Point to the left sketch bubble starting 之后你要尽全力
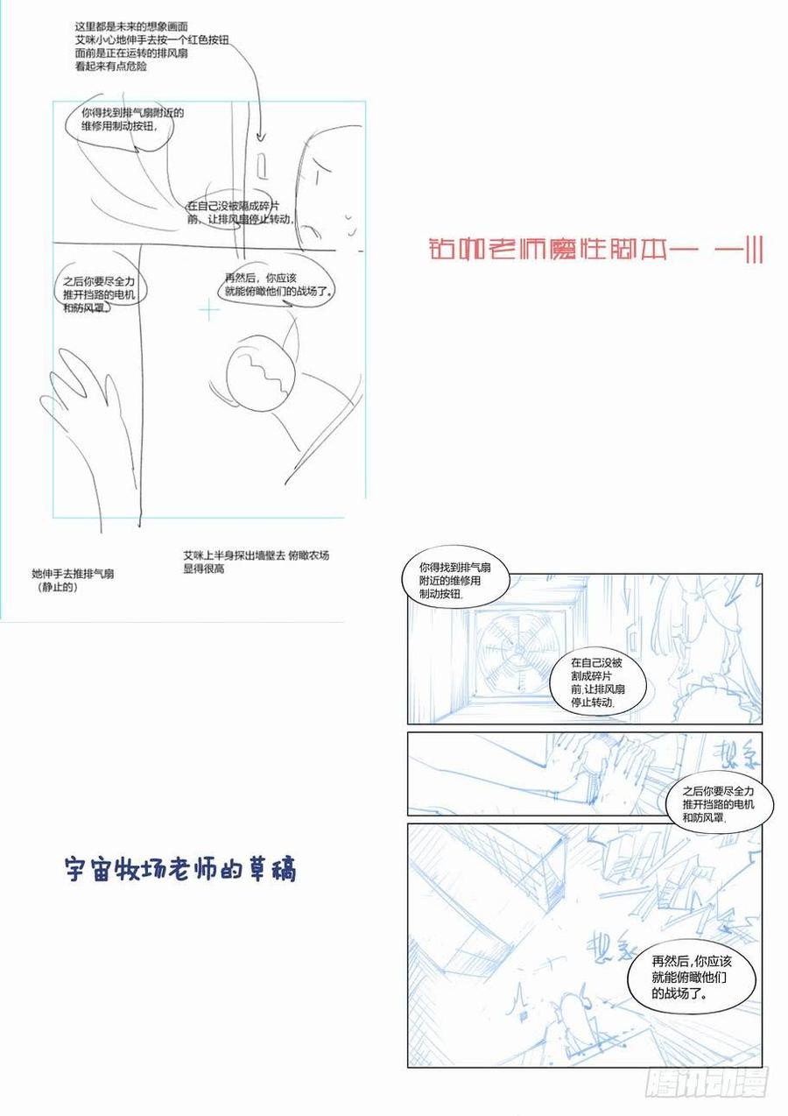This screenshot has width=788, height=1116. (99, 294)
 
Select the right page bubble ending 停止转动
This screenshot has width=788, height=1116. (602, 682)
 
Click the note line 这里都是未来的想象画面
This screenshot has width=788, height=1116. (131, 28)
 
